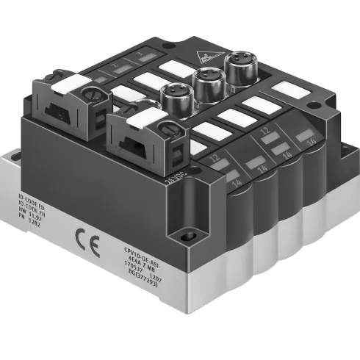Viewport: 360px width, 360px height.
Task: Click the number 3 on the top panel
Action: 140,57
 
